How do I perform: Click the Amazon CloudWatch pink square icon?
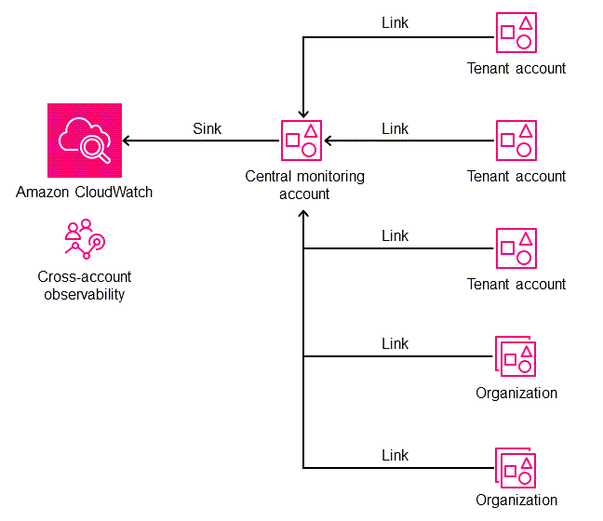click(85, 140)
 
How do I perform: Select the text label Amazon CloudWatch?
click(85, 193)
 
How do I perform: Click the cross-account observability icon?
click(85, 239)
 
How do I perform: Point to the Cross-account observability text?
click(85, 286)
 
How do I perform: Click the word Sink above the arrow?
click(207, 128)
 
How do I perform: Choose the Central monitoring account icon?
click(303, 140)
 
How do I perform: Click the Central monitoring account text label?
click(304, 184)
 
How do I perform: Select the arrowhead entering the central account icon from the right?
click(328, 140)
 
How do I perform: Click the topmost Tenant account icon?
click(516, 33)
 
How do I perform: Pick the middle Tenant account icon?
click(516, 140)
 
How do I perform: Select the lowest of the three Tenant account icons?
click(516, 248)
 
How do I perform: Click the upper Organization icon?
click(516, 356)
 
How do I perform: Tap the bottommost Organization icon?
click(516, 467)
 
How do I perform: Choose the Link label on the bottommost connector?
click(395, 455)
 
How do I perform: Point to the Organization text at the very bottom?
click(516, 501)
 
